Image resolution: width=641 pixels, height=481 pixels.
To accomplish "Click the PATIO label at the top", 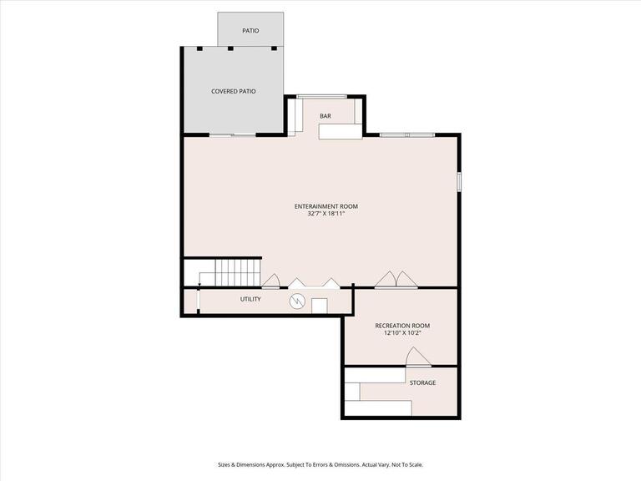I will tap(250, 31).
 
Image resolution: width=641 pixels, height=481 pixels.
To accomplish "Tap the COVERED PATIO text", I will tap(233, 91).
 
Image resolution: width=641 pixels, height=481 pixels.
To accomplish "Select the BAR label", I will tap(325, 116).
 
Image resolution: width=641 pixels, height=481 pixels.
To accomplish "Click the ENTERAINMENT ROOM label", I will tap(326, 206).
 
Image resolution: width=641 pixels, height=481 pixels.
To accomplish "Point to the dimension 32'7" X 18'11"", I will tap(326, 215).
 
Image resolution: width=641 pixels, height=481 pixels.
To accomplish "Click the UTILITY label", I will tap(250, 299).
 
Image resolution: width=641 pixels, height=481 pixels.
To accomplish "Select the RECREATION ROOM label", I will tap(402, 325).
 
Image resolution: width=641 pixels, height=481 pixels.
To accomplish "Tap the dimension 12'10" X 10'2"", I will tap(402, 333).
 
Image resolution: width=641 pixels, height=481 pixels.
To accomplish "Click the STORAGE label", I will tap(421, 382).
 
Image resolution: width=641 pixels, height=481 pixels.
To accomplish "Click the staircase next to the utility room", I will tap(230, 272).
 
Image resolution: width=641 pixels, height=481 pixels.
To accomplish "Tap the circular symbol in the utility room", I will tap(297, 301).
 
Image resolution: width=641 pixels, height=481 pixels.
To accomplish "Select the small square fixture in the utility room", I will tap(320, 306).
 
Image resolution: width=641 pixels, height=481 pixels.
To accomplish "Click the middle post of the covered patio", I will tap(231, 48).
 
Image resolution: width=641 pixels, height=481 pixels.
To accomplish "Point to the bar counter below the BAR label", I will tap(340, 131).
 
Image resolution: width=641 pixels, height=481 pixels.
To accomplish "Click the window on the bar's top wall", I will tap(321, 97).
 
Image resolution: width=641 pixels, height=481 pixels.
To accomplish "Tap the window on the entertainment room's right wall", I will tap(458, 181).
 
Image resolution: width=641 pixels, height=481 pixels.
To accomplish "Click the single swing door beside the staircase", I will tap(271, 281).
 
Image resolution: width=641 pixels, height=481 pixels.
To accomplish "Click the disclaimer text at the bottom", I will tap(320, 464).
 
